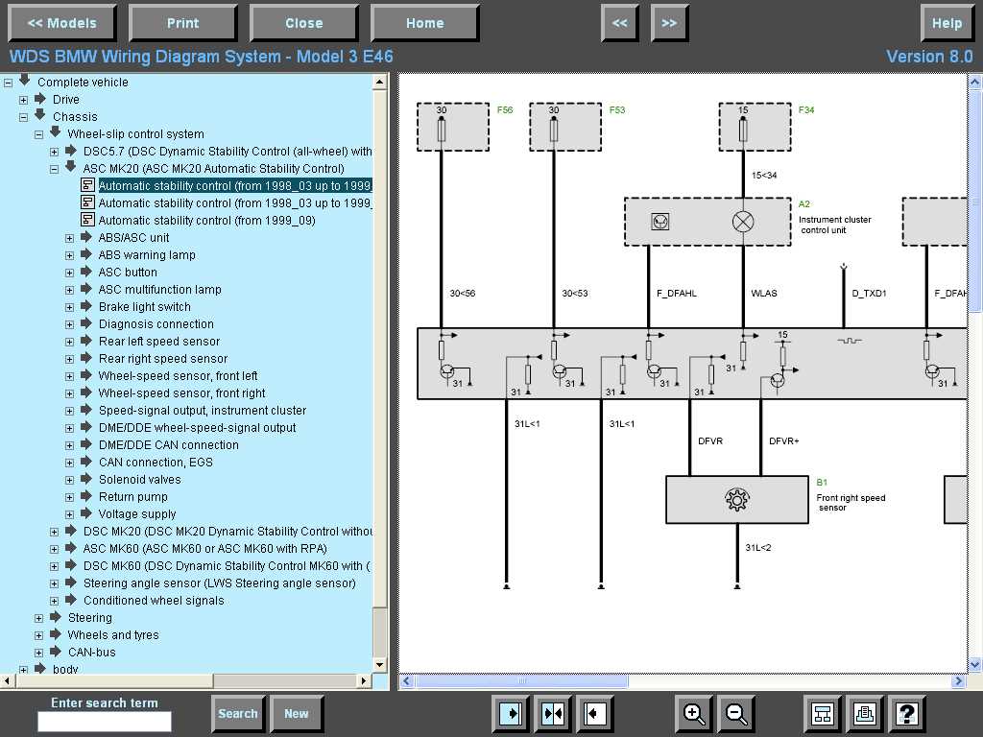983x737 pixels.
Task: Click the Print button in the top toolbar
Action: (182, 23)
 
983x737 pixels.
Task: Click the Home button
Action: (424, 23)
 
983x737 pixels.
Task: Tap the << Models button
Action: (61, 23)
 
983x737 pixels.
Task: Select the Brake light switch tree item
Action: (144, 307)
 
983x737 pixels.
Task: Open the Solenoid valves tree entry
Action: (139, 480)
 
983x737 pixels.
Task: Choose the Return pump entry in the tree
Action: (132, 497)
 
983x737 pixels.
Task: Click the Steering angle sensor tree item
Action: (219, 583)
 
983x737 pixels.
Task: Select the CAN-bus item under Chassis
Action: (91, 653)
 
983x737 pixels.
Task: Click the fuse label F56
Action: (505, 110)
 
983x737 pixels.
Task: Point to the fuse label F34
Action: (806, 110)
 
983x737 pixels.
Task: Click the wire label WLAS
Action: (764, 294)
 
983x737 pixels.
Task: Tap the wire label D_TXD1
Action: (869, 294)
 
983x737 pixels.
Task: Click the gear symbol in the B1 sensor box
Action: (736, 500)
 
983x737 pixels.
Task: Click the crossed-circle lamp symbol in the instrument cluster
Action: (743, 222)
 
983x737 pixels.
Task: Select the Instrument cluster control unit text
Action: (834, 225)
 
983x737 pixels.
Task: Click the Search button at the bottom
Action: (237, 714)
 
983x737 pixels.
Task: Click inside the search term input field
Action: (104, 722)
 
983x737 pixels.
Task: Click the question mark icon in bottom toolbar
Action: (907, 714)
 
